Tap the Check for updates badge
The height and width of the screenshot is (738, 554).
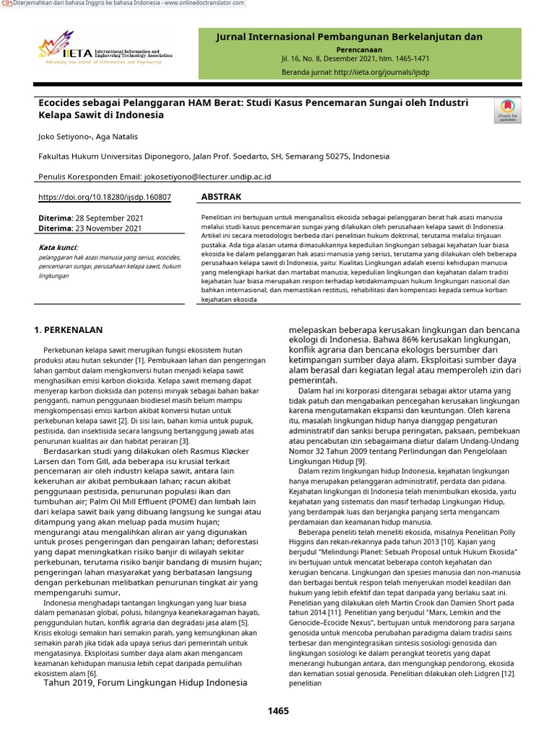coord(506,110)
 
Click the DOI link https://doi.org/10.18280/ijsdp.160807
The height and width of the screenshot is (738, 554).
coord(104,197)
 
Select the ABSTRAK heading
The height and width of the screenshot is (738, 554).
coord(221,197)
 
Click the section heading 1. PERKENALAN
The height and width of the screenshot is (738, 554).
coord(69,330)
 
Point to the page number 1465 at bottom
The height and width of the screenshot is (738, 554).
coord(278,711)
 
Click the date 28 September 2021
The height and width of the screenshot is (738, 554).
coord(109,218)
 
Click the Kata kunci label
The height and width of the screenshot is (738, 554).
coord(58,246)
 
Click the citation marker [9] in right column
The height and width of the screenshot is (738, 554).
coord(361,461)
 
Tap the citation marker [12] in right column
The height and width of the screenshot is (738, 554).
coord(507,673)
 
